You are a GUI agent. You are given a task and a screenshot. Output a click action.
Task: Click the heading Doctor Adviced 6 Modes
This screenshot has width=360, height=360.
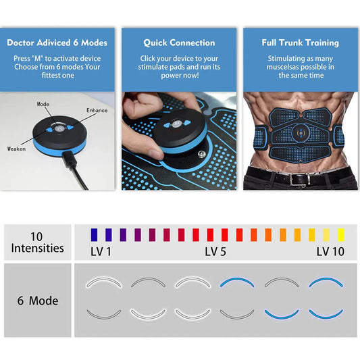(x=57, y=43)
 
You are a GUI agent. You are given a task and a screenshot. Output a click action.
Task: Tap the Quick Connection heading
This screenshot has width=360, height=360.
(x=179, y=43)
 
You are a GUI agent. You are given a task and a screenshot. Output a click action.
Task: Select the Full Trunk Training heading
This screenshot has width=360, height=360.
(x=300, y=43)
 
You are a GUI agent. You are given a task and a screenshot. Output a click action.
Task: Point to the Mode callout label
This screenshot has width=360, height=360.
(x=43, y=105)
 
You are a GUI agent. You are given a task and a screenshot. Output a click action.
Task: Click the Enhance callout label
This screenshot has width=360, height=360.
(x=97, y=110)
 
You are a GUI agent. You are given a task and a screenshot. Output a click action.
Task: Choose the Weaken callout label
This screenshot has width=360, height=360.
(x=17, y=149)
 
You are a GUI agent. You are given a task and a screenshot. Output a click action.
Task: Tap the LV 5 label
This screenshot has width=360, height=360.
(x=216, y=251)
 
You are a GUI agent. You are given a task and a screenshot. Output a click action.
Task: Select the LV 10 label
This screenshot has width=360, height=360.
(x=330, y=251)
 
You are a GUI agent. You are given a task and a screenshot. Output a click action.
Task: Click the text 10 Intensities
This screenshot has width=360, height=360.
(x=37, y=242)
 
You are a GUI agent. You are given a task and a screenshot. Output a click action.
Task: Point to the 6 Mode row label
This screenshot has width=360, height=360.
(x=38, y=301)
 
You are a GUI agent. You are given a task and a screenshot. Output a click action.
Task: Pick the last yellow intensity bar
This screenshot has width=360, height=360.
(x=341, y=234)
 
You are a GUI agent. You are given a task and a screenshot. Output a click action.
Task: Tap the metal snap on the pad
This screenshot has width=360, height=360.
(x=200, y=157)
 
